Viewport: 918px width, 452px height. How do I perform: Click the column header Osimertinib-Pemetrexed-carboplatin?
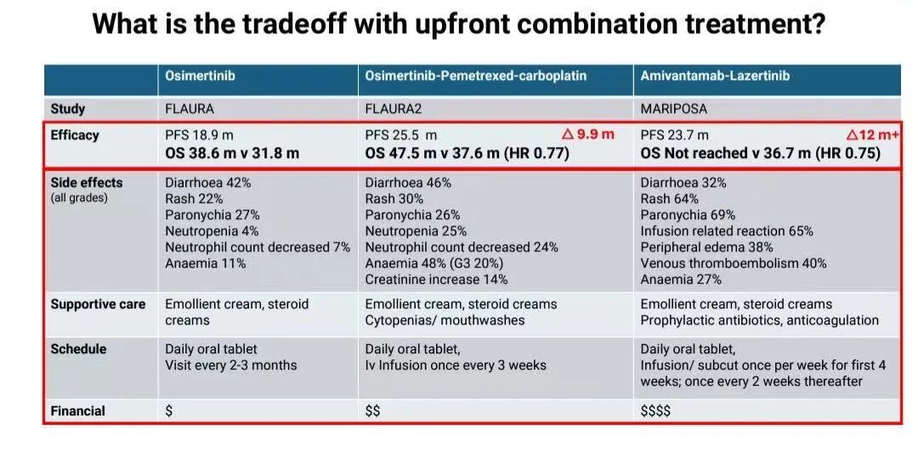(x=475, y=76)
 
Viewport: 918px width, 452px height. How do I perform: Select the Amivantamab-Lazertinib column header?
(x=715, y=76)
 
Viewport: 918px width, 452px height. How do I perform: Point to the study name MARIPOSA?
(x=673, y=109)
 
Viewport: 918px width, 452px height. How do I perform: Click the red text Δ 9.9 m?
(x=588, y=134)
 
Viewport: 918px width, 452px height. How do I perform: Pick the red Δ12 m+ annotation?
(x=873, y=134)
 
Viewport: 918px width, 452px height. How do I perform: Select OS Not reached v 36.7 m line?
(x=760, y=154)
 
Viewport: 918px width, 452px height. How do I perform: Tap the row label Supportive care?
(x=98, y=304)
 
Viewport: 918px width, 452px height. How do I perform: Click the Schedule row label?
(x=79, y=349)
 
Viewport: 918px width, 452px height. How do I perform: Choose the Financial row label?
(x=78, y=411)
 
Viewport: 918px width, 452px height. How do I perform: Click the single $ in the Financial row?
(x=169, y=411)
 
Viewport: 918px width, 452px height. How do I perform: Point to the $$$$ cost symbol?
(x=655, y=411)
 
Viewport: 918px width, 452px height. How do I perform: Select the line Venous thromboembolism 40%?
(x=733, y=263)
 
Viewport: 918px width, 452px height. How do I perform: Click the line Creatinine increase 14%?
(x=436, y=280)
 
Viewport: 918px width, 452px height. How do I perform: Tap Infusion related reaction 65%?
(x=726, y=231)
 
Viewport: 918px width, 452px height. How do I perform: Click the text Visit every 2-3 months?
(x=231, y=365)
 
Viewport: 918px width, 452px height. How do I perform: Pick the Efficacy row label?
(x=75, y=135)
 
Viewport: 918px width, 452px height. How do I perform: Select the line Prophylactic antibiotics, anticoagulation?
(x=759, y=320)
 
